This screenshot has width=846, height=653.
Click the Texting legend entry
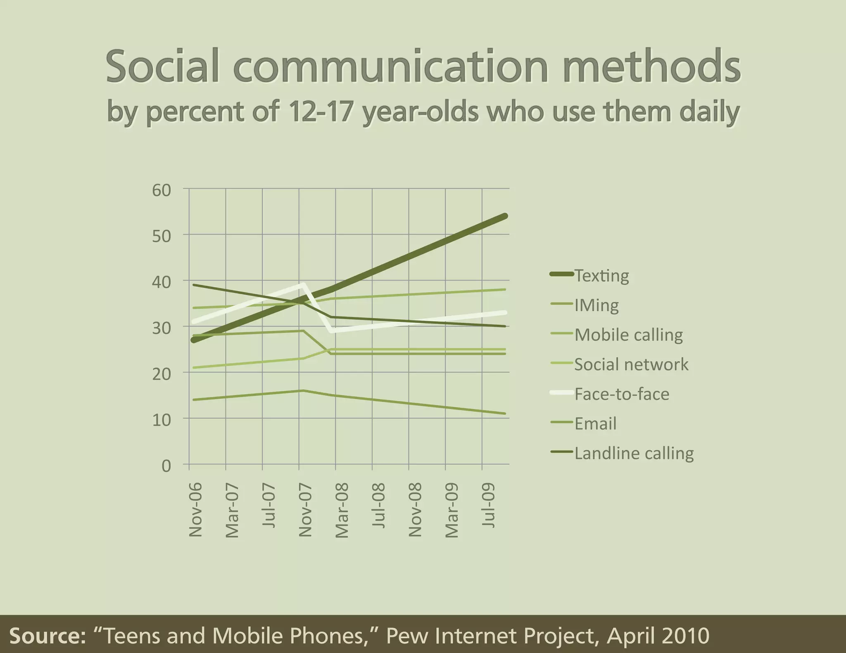coord(601,275)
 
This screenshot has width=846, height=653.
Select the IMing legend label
coord(596,305)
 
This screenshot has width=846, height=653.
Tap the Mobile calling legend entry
coord(628,335)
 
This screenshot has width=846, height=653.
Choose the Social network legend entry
coord(631,364)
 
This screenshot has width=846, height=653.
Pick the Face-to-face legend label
coord(622,394)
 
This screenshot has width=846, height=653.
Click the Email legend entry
coord(595,424)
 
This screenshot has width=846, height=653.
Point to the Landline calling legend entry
coord(634,453)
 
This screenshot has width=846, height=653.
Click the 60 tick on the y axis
coord(161,190)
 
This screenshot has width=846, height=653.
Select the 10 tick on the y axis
coord(161,420)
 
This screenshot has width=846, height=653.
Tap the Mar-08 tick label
coord(342,510)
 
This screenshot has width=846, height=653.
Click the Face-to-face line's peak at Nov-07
coord(303,284)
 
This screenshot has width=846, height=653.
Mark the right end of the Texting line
coord(505,216)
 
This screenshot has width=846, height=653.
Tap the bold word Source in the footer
coord(47,636)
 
